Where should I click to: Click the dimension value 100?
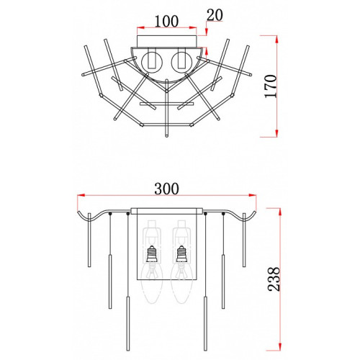coord(166,22)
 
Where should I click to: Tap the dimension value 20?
coord(215,15)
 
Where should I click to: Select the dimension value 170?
coord(271,86)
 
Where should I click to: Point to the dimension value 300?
coord(166,189)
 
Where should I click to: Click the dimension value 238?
coord(274,279)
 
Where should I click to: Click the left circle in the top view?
coord(152,62)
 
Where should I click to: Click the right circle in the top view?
coord(181,62)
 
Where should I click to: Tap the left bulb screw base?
coord(151,254)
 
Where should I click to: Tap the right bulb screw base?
coord(181,254)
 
